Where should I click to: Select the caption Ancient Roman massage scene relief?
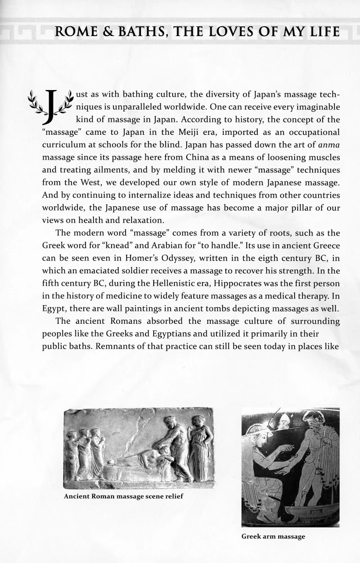point(123,497)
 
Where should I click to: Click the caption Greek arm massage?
point(273,537)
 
